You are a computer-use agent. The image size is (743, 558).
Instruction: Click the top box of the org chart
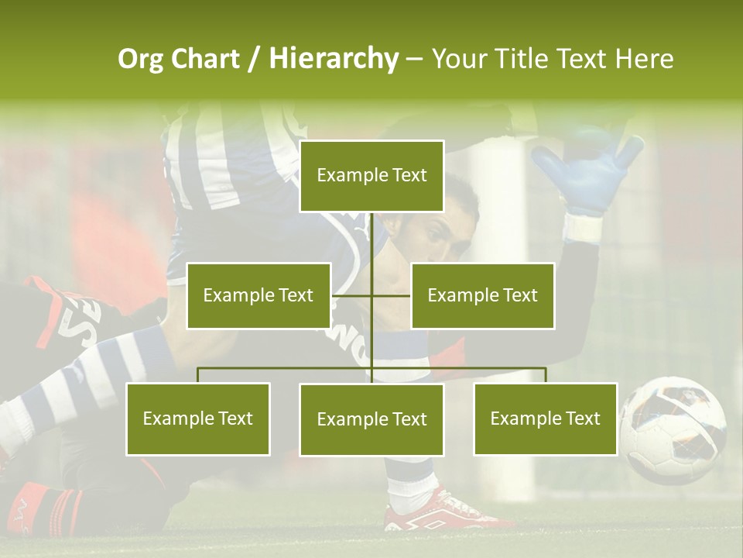tap(371, 176)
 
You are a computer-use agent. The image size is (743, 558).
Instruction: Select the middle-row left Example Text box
tap(259, 295)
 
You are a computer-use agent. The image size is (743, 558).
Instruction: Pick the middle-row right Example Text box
tap(482, 295)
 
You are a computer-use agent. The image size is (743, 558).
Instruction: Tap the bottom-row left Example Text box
tap(198, 418)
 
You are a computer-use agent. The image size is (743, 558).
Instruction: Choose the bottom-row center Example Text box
tap(371, 419)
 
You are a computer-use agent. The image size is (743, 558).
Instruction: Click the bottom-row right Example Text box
tap(545, 418)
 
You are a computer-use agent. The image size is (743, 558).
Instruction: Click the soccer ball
tap(673, 430)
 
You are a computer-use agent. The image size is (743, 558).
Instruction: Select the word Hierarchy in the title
tap(334, 59)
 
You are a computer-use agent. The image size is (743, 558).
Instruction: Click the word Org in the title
tap(140, 59)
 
